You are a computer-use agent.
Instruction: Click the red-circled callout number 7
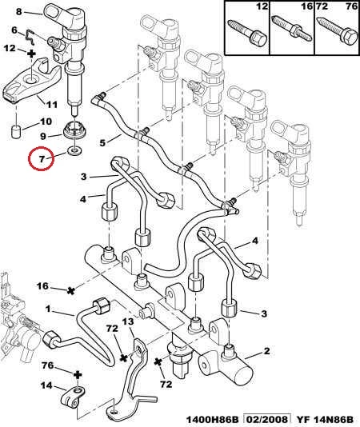pyautogui.click(x=42, y=159)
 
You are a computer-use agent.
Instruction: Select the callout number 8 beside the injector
pyautogui.click(x=18, y=11)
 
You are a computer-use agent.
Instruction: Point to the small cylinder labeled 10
pyautogui.click(x=17, y=131)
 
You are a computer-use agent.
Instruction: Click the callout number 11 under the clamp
pyautogui.click(x=51, y=104)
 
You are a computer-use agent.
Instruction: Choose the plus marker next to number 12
pyautogui.click(x=32, y=54)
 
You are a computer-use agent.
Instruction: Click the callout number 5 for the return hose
pyautogui.click(x=102, y=142)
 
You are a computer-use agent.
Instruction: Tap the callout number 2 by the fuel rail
pyautogui.click(x=266, y=351)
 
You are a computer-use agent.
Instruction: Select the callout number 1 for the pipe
pyautogui.click(x=48, y=309)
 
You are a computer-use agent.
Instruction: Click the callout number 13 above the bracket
pyautogui.click(x=128, y=321)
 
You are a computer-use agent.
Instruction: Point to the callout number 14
pyautogui.click(x=46, y=385)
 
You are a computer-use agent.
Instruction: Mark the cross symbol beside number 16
pyautogui.click(x=71, y=291)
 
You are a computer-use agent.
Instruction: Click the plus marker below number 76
pyautogui.click(x=78, y=375)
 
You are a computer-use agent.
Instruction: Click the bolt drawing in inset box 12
pyautogui.click(x=248, y=33)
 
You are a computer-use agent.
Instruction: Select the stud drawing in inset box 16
pyautogui.click(x=292, y=28)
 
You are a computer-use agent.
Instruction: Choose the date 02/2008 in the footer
pyautogui.click(x=266, y=419)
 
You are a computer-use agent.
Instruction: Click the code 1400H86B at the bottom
pyautogui.click(x=213, y=419)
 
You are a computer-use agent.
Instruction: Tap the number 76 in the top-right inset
pyautogui.click(x=351, y=6)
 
